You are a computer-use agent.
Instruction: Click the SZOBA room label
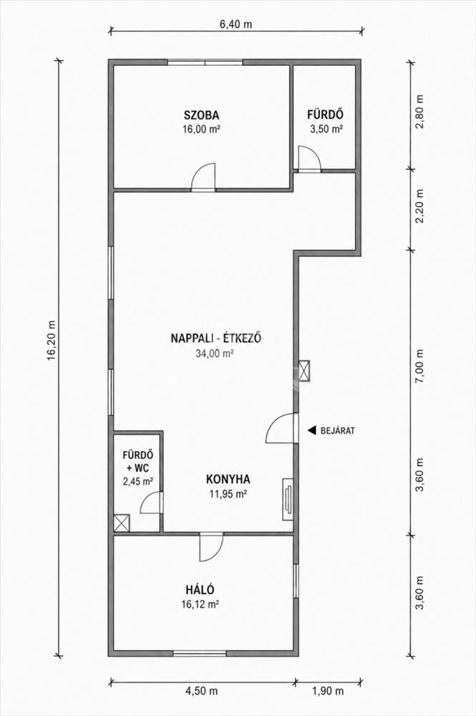tap(201, 115)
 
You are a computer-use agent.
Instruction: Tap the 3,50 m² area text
tap(326, 129)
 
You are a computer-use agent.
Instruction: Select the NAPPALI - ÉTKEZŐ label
tap(215, 339)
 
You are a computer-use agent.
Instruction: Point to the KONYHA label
tap(228, 480)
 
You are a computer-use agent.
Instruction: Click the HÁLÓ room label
tap(200, 590)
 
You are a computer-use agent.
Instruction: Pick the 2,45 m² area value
tap(138, 481)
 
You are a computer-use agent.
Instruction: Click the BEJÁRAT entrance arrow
tap(311, 430)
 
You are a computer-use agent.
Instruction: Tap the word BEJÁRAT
tap(338, 430)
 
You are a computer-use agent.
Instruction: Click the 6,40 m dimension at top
tap(236, 24)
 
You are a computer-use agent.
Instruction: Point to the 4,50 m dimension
tap(201, 691)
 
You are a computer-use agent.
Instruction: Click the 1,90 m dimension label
tap(327, 691)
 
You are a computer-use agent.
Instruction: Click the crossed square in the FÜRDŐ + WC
tap(122, 523)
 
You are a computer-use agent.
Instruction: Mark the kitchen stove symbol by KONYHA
tap(288, 498)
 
